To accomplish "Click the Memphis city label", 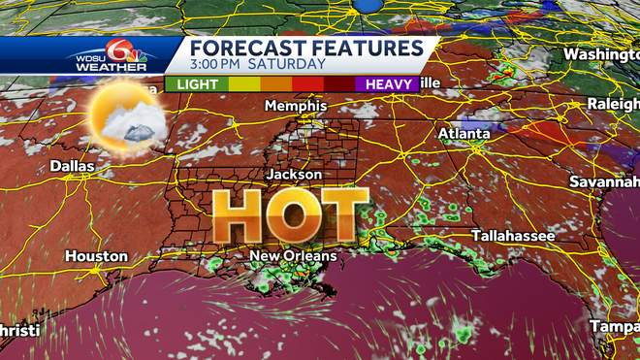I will [291, 104].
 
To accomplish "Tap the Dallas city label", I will [73, 166].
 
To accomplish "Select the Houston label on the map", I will [96, 256].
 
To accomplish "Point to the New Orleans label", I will [293, 256].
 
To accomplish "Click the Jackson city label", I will [295, 174].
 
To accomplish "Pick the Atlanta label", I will [464, 133].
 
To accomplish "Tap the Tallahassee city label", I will [513, 236].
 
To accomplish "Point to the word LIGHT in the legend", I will [197, 84].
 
